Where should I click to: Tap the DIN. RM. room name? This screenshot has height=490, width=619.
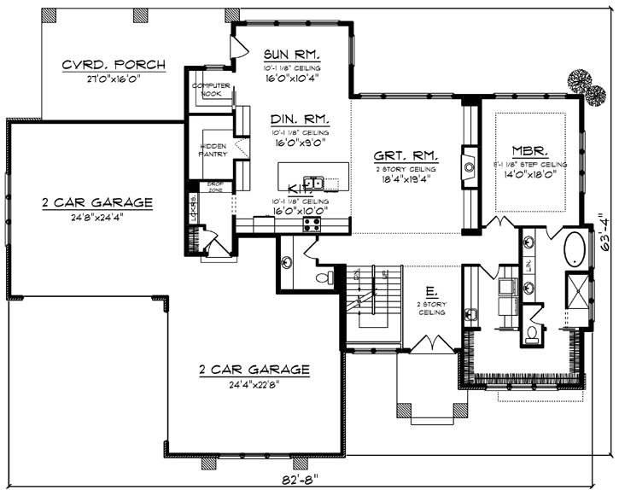(295, 120)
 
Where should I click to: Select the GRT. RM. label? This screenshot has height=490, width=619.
(406, 156)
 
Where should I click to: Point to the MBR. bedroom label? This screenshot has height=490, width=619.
(530, 148)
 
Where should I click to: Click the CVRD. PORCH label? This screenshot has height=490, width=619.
(114, 65)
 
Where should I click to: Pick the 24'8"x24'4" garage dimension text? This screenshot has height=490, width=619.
(97, 217)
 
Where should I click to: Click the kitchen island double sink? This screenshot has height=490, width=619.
(315, 183)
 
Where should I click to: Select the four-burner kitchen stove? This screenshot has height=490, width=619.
(312, 225)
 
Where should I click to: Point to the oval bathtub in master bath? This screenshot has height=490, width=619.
(574, 249)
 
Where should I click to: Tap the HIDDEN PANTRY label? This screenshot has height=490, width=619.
(213, 149)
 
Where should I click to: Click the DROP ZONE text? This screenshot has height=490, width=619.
(215, 187)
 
